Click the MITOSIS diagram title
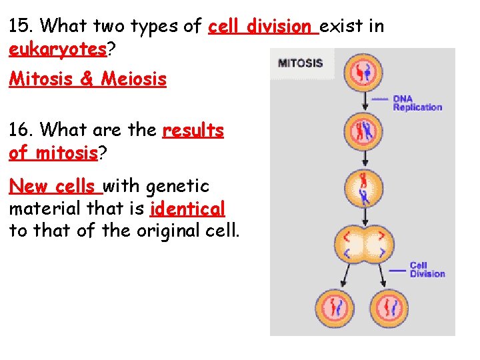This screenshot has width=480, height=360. click(x=300, y=64)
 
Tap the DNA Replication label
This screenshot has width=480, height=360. click(x=417, y=103)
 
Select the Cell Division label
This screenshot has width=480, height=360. click(x=427, y=269)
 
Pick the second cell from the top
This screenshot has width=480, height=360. click(x=363, y=130)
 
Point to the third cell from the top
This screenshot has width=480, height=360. click(x=363, y=188)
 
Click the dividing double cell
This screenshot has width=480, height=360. click(x=363, y=244)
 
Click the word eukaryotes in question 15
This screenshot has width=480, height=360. click(x=57, y=49)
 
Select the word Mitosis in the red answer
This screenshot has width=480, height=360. click(x=41, y=79)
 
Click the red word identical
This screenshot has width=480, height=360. click(x=188, y=209)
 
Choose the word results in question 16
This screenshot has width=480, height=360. click(x=193, y=130)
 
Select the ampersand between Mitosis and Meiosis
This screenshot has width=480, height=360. click(x=87, y=80)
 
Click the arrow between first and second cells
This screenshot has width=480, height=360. click(x=364, y=101)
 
